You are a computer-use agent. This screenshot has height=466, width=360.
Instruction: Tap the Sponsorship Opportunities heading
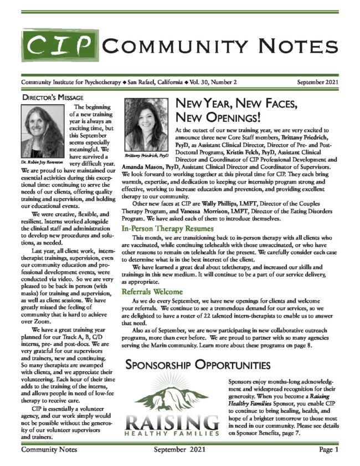coord(199,366)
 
